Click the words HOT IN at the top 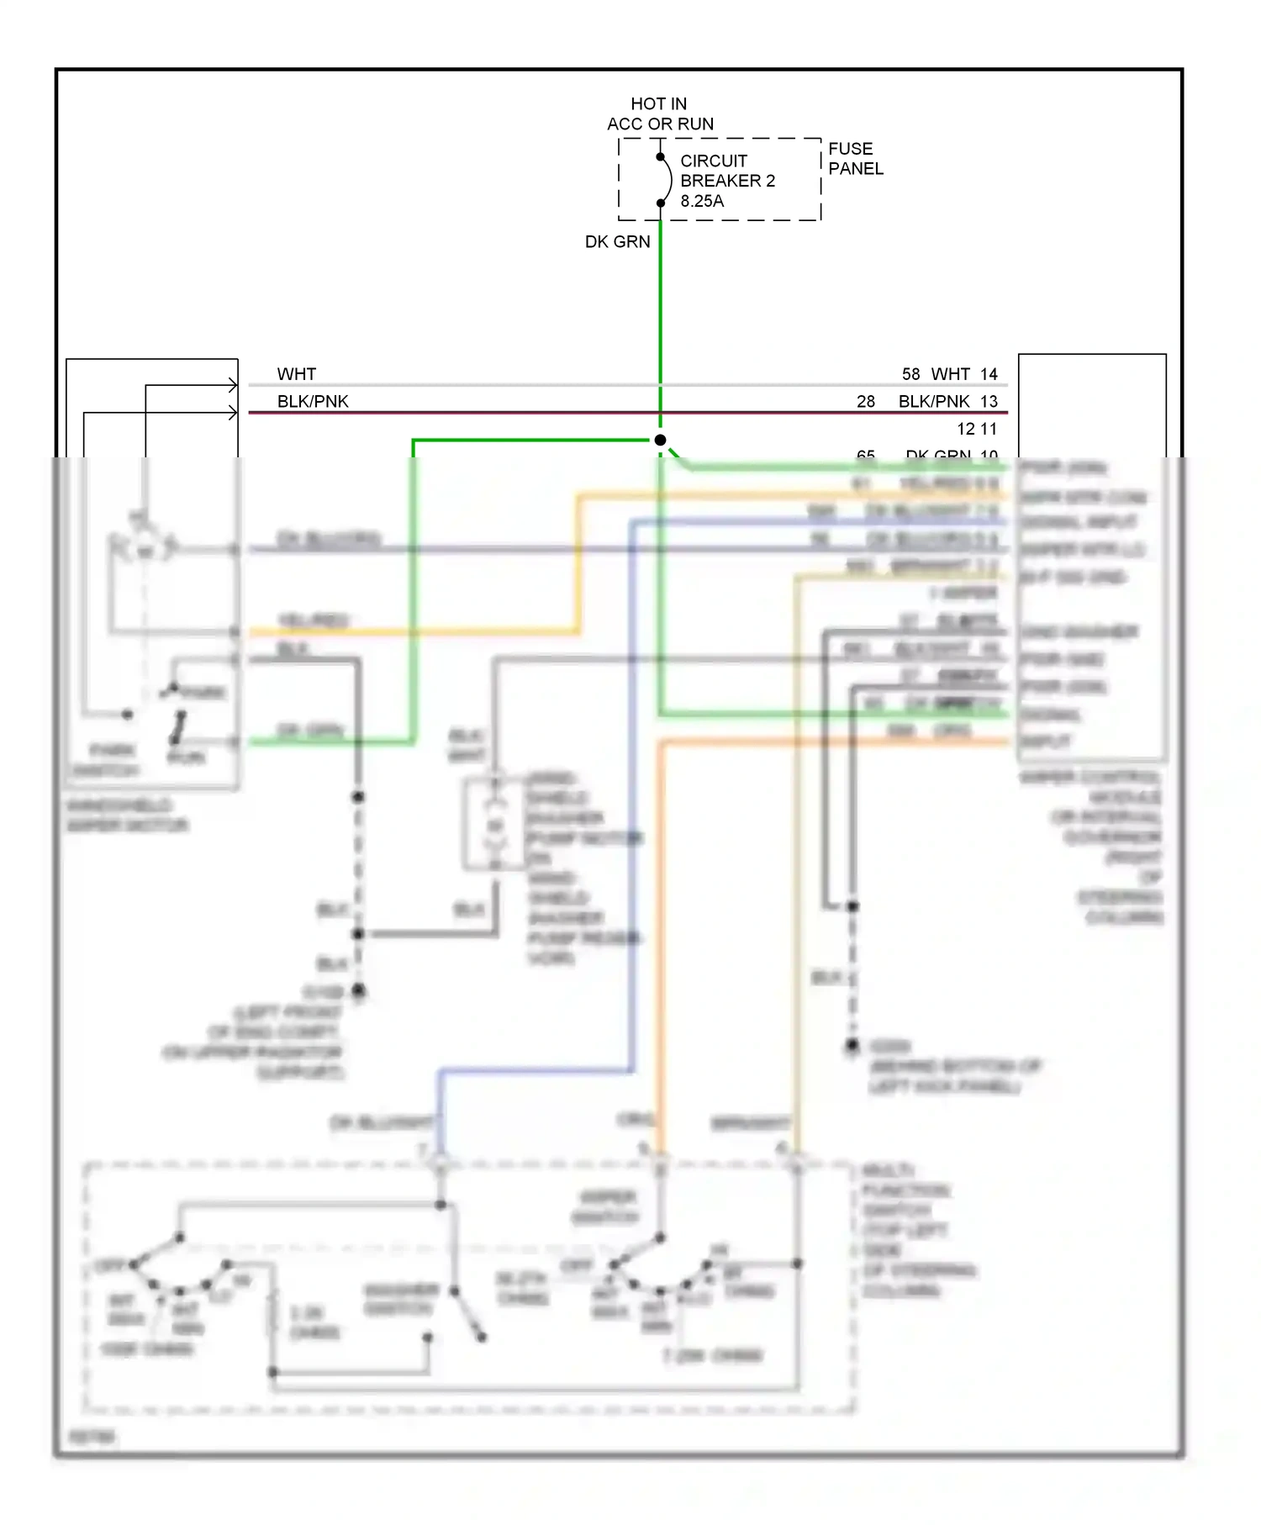[658, 104]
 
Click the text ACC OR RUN [660, 124]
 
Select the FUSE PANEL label [855, 159]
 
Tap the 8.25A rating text [701, 202]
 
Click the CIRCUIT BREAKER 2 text [726, 171]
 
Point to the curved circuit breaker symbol [667, 180]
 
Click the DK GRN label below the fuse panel [617, 242]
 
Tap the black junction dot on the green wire [660, 441]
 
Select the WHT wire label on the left [296, 374]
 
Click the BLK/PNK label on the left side [313, 402]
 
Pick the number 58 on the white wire [910, 374]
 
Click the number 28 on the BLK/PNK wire [866, 402]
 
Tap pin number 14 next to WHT [989, 374]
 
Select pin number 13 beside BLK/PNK [989, 402]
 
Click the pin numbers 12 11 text [976, 430]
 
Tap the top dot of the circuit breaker [660, 157]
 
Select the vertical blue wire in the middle [632, 799]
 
